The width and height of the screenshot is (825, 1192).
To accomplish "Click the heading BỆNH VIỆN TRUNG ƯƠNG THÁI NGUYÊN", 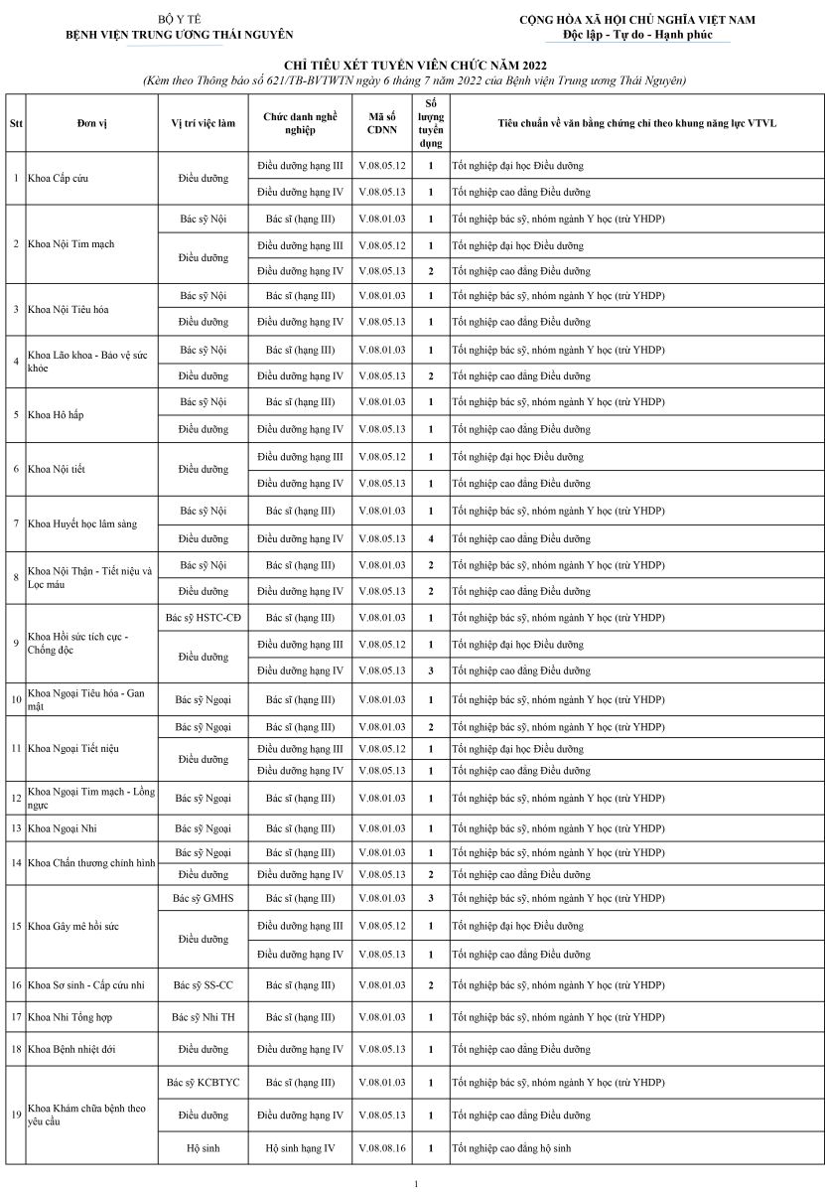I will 179,35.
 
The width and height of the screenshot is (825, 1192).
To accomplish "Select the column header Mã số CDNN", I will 381,122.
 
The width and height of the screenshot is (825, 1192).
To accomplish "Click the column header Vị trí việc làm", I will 204,122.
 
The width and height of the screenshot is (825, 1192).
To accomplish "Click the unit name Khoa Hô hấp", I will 56,415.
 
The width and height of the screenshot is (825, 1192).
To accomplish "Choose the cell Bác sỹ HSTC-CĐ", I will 204,618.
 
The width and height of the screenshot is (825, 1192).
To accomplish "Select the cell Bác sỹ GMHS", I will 204,898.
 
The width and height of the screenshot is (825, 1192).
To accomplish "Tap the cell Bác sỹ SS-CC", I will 204,985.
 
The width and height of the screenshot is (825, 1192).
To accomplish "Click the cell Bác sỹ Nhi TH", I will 204,1017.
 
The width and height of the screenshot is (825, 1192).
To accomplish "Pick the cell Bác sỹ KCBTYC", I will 204,1082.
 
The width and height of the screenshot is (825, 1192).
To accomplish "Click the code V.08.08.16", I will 381,1148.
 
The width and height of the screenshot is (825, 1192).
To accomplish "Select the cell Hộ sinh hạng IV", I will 300,1148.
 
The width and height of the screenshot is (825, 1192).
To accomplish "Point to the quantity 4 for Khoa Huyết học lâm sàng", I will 430,538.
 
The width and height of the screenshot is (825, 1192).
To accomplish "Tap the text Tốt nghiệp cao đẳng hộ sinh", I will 511,1148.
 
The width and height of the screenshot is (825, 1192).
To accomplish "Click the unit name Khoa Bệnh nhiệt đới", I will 71,1049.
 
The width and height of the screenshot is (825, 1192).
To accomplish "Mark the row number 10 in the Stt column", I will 16,699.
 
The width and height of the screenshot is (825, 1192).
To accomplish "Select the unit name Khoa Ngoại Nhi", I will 62,827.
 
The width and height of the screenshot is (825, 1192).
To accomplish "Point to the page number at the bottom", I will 416,1183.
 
